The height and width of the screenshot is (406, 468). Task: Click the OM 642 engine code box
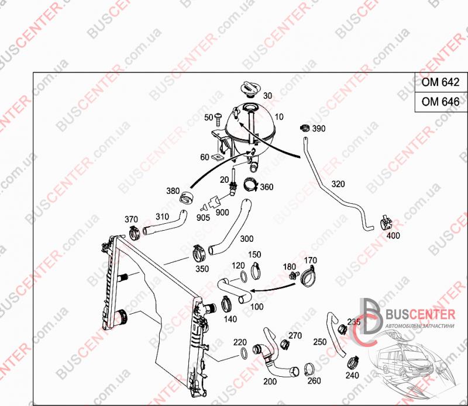click(441, 82)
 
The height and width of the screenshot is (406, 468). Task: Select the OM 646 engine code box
click(441, 102)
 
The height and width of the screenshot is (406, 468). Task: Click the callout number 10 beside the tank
click(279, 117)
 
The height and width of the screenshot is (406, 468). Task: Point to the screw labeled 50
click(218, 117)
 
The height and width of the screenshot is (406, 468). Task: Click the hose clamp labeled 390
click(304, 128)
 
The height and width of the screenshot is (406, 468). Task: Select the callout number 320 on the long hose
click(338, 184)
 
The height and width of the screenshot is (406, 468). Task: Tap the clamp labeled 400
click(387, 222)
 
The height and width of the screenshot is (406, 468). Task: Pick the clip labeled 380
click(187, 197)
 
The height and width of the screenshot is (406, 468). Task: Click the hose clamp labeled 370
click(135, 233)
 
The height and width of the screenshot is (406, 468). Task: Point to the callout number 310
click(162, 217)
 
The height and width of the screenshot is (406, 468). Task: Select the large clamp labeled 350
click(199, 253)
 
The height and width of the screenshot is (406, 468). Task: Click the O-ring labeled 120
click(243, 277)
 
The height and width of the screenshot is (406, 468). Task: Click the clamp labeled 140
click(226, 304)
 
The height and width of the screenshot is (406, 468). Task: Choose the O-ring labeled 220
click(243, 353)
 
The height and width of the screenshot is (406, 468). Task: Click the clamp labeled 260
click(309, 370)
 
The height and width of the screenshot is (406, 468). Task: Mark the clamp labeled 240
click(354, 362)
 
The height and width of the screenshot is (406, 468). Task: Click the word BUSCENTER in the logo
click(421, 314)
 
